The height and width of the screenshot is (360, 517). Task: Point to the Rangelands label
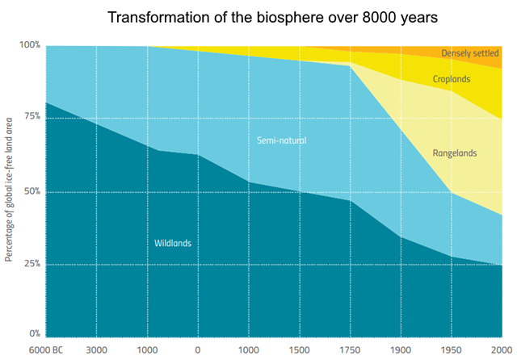coord(455,153)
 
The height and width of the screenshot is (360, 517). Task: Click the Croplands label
coord(452,79)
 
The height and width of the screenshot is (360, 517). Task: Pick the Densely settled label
coord(469,53)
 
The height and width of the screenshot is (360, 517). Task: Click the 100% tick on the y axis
coord(30,45)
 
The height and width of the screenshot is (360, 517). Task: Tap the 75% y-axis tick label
coord(32,117)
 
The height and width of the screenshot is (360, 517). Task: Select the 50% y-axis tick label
coord(32,192)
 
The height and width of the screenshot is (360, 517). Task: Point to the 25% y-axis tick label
coord(32,264)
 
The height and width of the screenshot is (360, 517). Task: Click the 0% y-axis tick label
coord(34,333)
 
